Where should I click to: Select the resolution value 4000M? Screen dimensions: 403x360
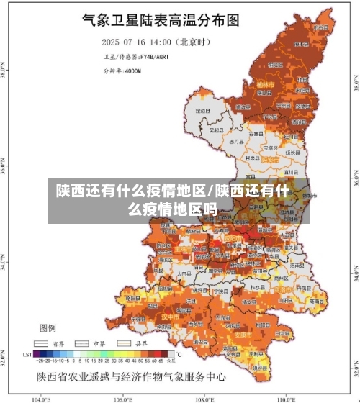132,71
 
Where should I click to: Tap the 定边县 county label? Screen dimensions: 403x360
204,111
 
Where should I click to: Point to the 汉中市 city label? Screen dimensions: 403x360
169,316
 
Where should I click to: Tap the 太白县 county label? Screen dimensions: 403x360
184,274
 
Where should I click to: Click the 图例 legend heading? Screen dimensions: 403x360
48,327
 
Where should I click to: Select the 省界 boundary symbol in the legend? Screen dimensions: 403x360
40,343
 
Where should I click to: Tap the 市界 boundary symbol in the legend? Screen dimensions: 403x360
82,343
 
